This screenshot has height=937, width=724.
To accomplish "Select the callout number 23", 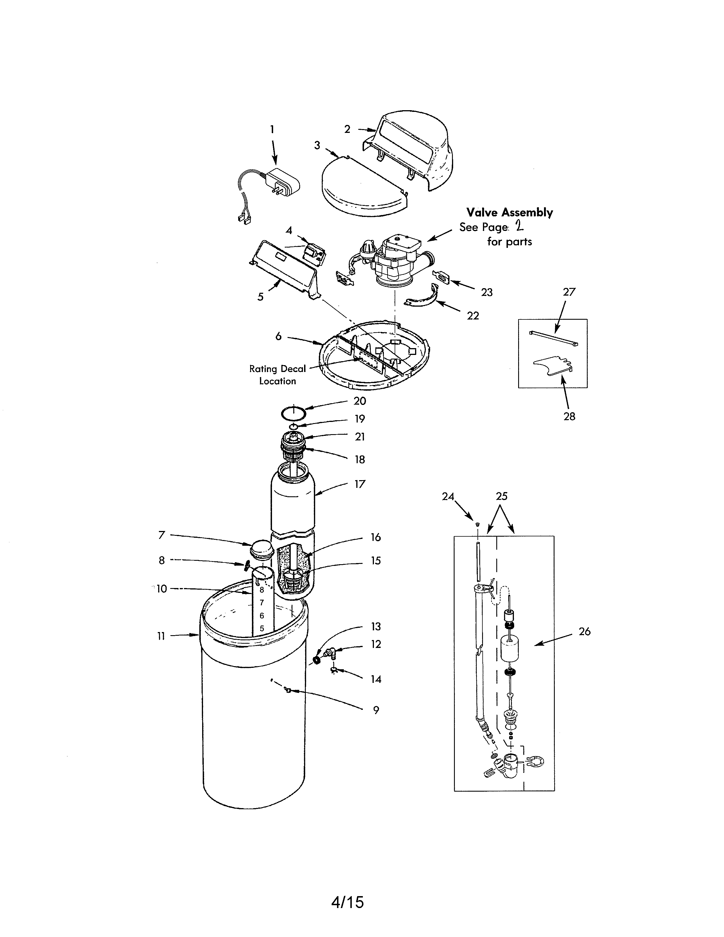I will pyautogui.click(x=486, y=292).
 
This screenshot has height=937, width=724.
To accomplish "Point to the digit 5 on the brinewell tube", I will pyautogui.click(x=262, y=629).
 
